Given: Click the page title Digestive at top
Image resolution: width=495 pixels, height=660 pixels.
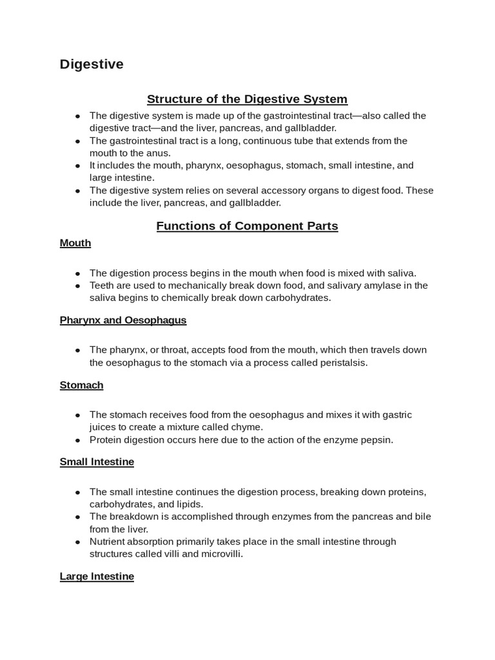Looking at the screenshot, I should [x=92, y=64].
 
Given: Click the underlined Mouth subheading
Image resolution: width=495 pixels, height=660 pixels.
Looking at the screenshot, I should [x=75, y=243].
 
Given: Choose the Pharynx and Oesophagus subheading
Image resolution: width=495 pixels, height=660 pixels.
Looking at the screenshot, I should [x=123, y=320].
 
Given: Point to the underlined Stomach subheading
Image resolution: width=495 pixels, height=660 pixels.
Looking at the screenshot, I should [x=82, y=385].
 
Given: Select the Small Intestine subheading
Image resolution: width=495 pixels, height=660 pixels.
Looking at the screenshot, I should [x=97, y=462].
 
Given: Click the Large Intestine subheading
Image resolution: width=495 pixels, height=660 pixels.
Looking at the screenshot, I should [x=97, y=576].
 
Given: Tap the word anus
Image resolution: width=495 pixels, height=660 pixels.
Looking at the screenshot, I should [x=159, y=153].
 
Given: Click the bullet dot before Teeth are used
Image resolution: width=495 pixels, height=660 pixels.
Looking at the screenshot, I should [x=77, y=286].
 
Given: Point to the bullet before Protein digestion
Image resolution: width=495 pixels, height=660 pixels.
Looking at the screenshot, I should [x=77, y=440].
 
